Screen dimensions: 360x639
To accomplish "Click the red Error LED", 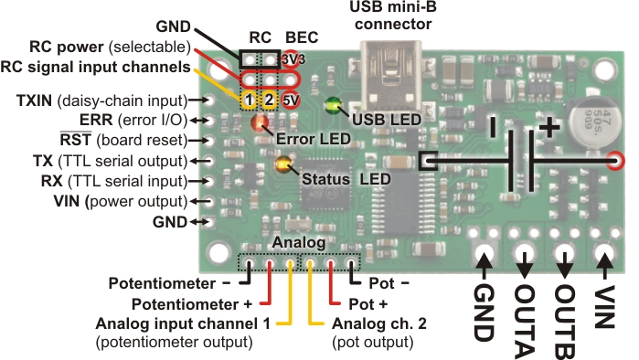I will [x=261, y=123].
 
